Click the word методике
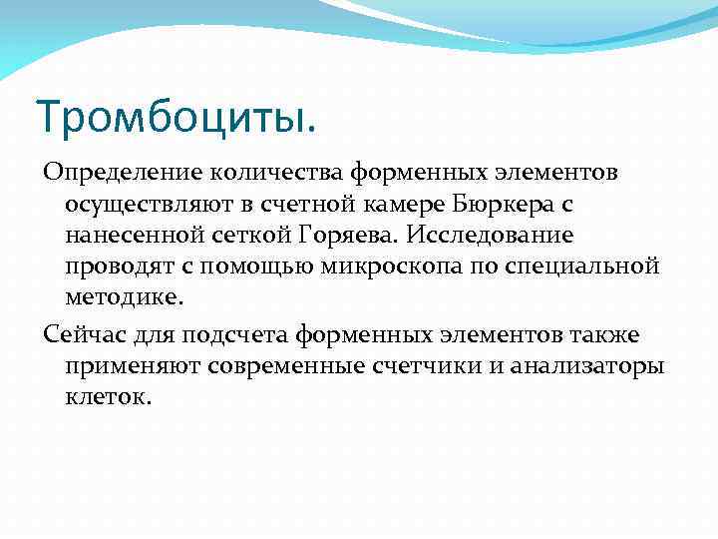(125, 298)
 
